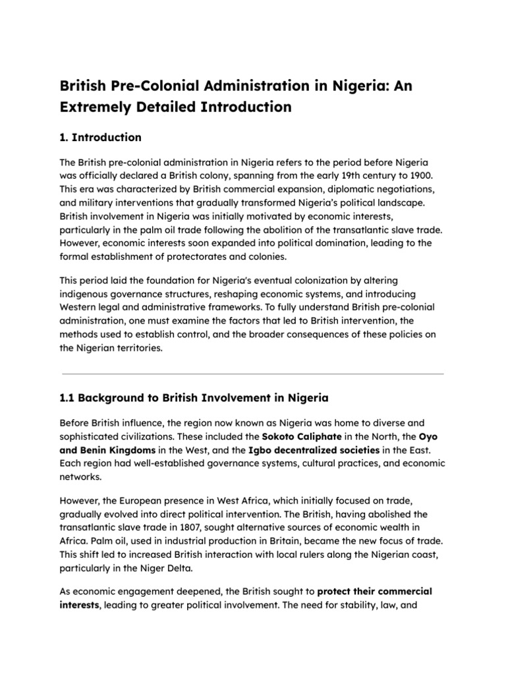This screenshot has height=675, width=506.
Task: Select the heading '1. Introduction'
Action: click(x=100, y=138)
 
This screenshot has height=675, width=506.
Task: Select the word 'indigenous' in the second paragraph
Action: click(x=88, y=295)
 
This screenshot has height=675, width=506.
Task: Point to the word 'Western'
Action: click(x=80, y=308)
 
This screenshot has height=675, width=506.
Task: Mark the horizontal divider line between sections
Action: click(x=252, y=374)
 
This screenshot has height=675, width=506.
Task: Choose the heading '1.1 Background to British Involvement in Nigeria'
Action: click(x=194, y=398)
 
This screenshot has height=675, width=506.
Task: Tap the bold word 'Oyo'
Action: click(x=428, y=436)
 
